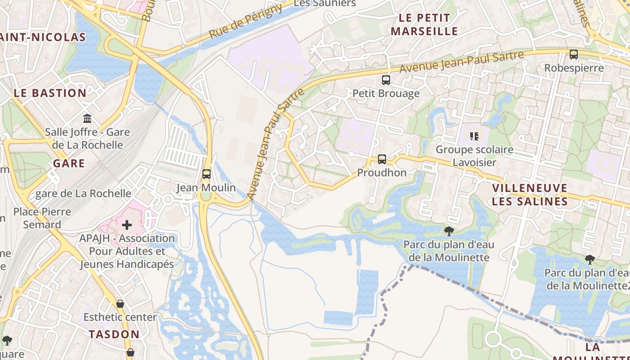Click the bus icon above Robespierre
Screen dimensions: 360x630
574,54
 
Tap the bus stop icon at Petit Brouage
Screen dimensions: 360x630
386,80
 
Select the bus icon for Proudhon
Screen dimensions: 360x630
382,159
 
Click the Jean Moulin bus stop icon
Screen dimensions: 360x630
206,174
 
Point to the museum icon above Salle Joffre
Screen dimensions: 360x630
87,119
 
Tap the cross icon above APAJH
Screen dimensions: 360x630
127,225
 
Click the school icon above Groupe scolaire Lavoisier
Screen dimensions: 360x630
474,136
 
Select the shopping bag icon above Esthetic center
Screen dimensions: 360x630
120,304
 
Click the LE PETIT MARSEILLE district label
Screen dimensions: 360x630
424,25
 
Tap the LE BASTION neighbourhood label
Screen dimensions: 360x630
49,93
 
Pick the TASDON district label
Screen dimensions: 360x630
114,334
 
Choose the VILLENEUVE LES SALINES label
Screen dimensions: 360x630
530,194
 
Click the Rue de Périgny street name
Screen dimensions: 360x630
246,22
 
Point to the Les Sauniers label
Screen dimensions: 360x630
324,4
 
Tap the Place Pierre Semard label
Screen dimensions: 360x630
42,218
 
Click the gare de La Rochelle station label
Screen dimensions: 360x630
83,193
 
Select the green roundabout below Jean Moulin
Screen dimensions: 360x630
206,197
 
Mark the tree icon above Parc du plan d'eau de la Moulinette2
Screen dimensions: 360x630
589,260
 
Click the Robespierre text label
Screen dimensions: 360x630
574,68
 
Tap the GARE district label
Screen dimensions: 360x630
69,163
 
